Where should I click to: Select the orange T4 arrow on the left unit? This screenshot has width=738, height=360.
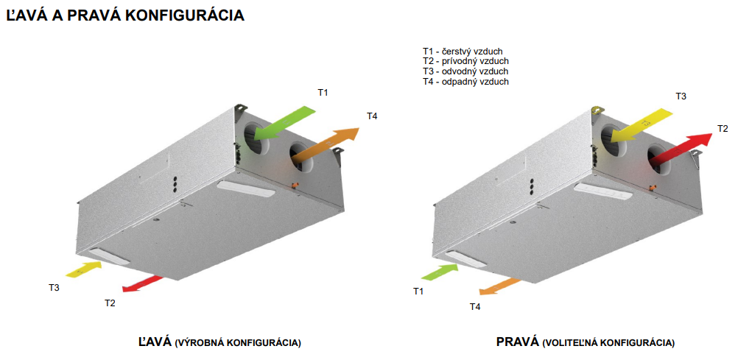point(326,146)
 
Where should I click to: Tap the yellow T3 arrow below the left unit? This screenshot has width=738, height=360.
point(83,269)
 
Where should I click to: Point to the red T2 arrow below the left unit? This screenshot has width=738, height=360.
point(142,284)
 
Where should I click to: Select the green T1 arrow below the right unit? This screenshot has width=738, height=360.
point(440,272)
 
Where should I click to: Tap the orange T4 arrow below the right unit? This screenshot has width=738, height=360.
point(500,286)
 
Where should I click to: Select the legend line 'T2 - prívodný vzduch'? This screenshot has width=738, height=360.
point(465,61)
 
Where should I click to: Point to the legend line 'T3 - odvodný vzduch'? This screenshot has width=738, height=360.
point(465,71)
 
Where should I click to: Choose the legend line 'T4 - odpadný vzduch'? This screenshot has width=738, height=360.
point(465,82)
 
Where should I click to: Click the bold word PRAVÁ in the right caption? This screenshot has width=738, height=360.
point(517,342)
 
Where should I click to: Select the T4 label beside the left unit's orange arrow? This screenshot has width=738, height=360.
point(372,116)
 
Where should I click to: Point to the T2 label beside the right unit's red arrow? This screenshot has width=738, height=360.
point(723,128)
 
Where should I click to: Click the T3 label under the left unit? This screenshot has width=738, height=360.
point(54,287)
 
